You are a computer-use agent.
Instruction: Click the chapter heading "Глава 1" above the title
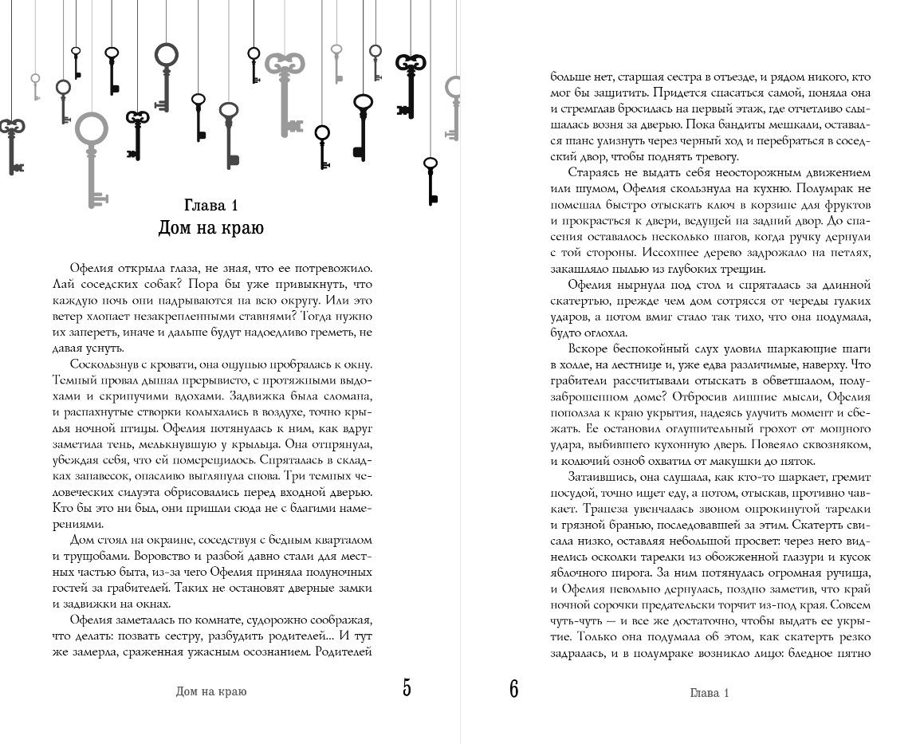pyautogui.click(x=211, y=200)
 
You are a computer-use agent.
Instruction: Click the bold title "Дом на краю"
pyautogui.click(x=211, y=228)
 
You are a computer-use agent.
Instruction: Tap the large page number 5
pyautogui.click(x=407, y=687)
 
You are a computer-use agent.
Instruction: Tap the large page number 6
pyautogui.click(x=513, y=687)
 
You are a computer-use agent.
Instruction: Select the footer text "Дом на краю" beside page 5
pyautogui.click(x=211, y=691)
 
